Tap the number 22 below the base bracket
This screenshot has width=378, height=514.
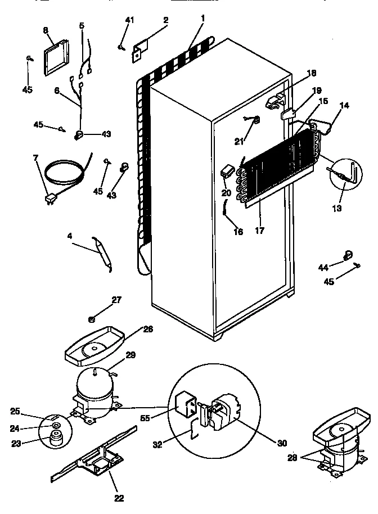(119, 497)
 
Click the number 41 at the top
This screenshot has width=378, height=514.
(130, 21)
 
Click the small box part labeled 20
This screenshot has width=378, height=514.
(228, 170)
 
